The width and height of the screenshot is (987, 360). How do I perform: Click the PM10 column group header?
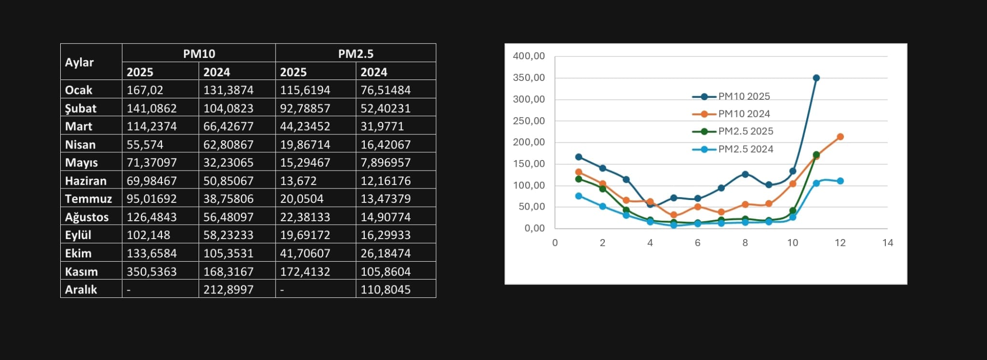coord(199,53)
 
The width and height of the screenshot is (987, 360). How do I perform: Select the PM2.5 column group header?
coord(356,53)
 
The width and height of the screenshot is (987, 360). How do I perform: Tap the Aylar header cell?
coord(80,62)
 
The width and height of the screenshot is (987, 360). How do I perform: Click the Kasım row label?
coord(81,271)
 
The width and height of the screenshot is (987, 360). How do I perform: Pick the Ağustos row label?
coord(87,217)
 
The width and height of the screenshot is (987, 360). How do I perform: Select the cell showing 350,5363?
coord(152,271)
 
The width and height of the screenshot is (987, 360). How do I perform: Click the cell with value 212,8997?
coord(228,290)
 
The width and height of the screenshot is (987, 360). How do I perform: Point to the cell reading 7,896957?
coord(386,162)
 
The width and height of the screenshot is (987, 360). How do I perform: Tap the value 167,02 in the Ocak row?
coord(145,90)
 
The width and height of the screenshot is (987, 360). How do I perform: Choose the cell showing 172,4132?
coord(305,271)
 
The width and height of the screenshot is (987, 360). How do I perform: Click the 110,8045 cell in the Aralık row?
coord(386,290)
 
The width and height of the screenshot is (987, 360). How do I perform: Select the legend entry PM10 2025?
coord(744,96)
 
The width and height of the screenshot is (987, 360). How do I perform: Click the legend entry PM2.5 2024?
coord(745,149)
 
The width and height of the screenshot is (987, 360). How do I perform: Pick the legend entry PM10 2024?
coord(744,114)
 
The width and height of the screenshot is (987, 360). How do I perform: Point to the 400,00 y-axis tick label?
coord(529,56)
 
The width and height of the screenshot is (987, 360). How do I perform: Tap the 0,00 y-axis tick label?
coord(534,228)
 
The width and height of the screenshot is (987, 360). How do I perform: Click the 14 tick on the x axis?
coord(887,243)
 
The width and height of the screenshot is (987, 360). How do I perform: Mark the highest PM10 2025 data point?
coord(816,78)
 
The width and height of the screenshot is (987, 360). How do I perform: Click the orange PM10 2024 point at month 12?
coord(840,137)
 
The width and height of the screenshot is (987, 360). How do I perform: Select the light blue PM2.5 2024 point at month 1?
coord(579,196)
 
